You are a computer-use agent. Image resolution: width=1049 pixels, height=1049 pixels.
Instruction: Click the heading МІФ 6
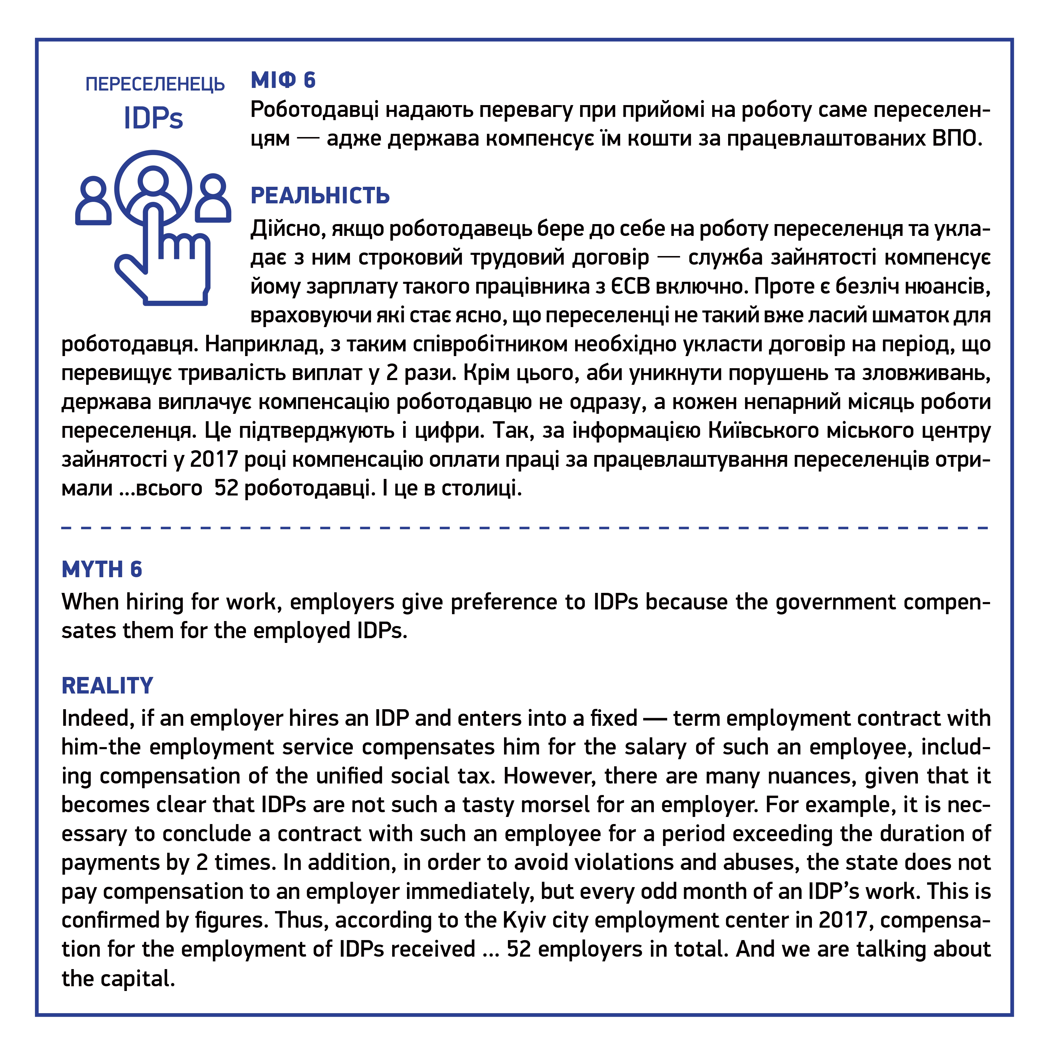tap(283, 80)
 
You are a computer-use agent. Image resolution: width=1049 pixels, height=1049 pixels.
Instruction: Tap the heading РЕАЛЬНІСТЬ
tap(320, 196)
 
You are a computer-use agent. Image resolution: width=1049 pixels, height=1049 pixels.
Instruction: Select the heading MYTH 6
tap(102, 569)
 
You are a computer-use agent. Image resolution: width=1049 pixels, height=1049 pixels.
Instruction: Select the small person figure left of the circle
tap(94, 201)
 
